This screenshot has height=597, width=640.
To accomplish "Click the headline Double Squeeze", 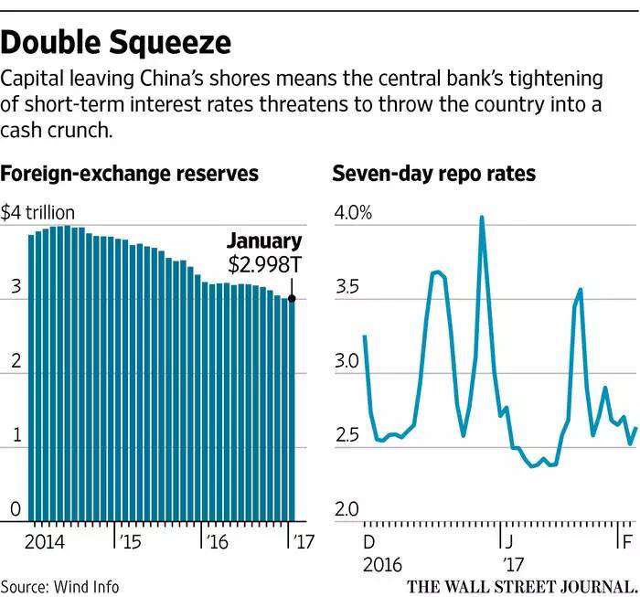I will pyautogui.click(x=116, y=42).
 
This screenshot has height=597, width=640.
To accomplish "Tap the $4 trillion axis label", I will pyautogui.click(x=37, y=214).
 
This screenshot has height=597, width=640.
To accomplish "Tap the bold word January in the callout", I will pyautogui.click(x=263, y=241).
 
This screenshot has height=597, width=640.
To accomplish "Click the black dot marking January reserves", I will pyautogui.click(x=292, y=298).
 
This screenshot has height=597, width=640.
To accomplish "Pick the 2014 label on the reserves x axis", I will pyautogui.click(x=43, y=538).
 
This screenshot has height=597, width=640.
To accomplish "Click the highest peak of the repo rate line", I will pyautogui.click(x=481, y=218).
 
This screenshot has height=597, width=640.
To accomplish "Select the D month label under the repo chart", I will pyautogui.click(x=368, y=538).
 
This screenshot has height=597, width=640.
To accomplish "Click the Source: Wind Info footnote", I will pyautogui.click(x=59, y=586).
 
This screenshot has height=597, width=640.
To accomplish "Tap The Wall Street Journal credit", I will pyautogui.click(x=518, y=585).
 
